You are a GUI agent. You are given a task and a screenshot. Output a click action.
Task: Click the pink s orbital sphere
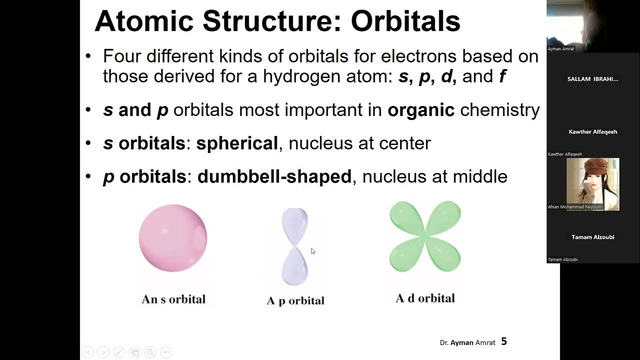tap(173, 238)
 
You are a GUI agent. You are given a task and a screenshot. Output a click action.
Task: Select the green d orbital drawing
tap(425, 236)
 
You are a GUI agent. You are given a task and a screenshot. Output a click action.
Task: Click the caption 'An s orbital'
tap(173, 299)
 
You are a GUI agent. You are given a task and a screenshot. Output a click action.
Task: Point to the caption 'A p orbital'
tap(295, 300)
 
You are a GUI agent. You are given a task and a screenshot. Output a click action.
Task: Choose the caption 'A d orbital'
tap(425, 298)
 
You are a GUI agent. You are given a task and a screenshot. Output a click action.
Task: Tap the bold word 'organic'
tap(421, 110)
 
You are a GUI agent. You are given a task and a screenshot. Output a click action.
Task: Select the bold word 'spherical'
tap(237, 143)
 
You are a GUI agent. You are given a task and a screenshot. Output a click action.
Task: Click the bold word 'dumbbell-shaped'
tap(274, 176)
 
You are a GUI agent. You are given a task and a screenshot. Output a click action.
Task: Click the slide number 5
tap(504, 341)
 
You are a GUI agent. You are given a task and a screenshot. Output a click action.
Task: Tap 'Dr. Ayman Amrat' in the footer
tap(467, 342)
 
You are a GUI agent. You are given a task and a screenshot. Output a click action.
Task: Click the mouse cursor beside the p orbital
tap(313, 251)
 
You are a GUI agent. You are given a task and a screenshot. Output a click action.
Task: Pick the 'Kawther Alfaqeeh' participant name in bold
tap(593, 132)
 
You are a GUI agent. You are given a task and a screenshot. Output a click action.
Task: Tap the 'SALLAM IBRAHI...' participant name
tap(593, 79)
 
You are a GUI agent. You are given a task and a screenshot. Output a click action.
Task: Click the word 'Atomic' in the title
tap(144, 21)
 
